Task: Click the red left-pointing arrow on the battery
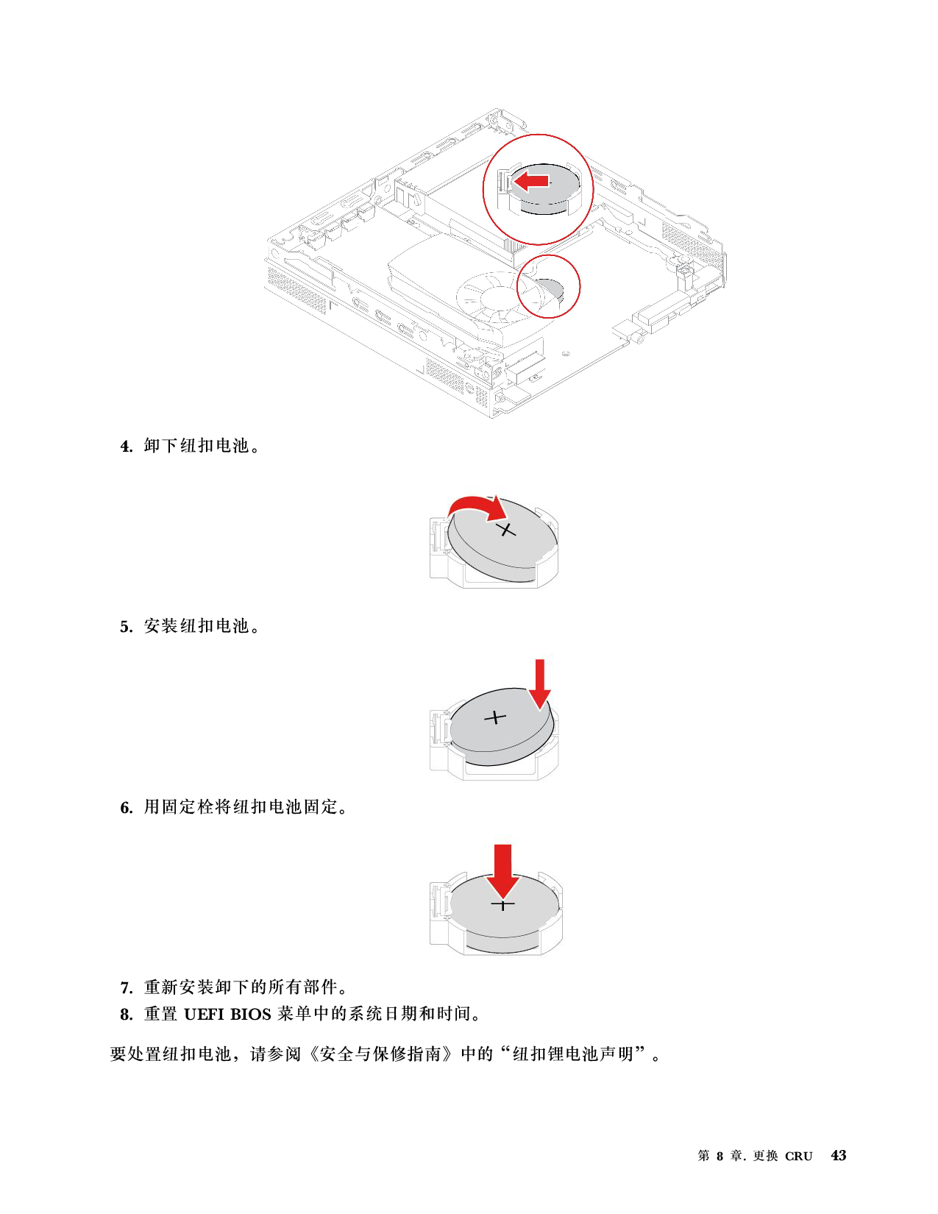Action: coord(531,180)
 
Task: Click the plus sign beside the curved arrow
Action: coord(506,530)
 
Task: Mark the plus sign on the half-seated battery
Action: coord(497,717)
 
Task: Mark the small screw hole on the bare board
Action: coord(567,352)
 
